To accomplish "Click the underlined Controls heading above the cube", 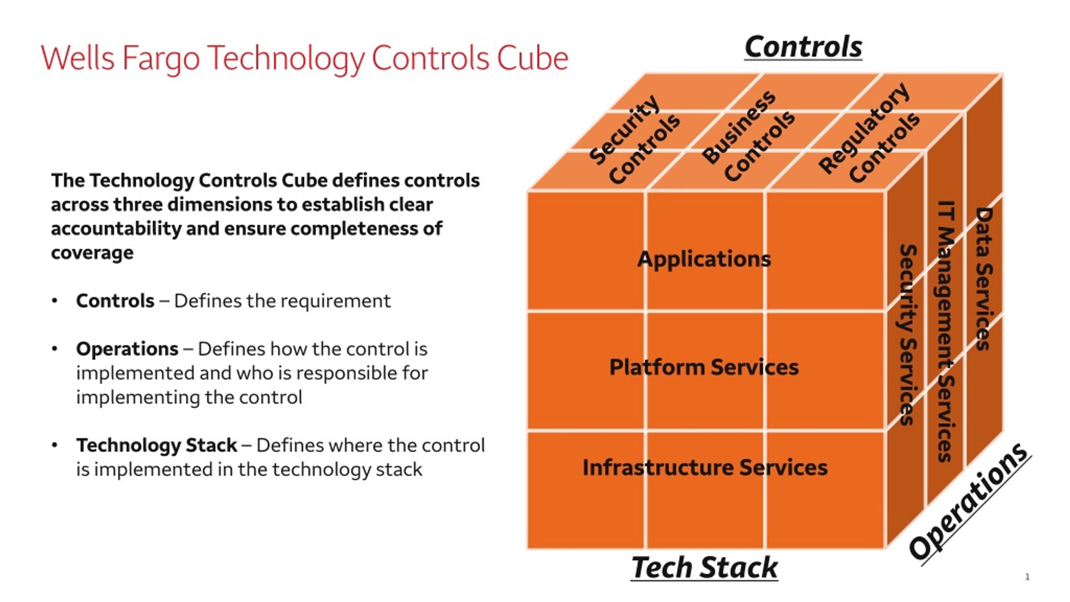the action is point(803,47).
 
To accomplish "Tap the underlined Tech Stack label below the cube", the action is point(704,568).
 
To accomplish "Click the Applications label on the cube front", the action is point(704,259).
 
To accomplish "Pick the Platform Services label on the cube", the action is point(704,367).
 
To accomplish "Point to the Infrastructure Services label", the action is point(705,467).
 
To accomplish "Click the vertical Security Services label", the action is point(908,334).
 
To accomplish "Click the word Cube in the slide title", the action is point(532,58).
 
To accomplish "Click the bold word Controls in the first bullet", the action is point(115,301).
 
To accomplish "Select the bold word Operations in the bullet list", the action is point(127,349).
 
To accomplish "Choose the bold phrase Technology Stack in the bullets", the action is point(157,446).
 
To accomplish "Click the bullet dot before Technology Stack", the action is point(54,445).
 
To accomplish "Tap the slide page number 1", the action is point(1027,577).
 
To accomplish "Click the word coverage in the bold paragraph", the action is point(92,253).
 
